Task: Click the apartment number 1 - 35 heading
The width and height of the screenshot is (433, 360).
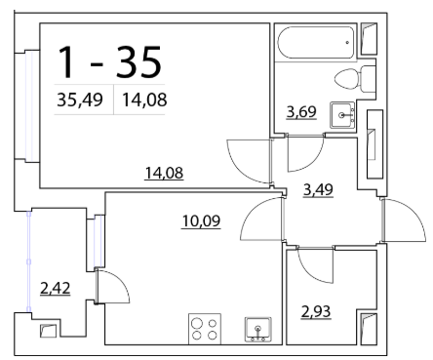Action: click(x=109, y=61)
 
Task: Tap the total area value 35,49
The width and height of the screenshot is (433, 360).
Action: click(x=80, y=100)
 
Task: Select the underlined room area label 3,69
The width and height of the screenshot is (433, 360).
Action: click(x=301, y=112)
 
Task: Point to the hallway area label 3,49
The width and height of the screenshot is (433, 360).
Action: click(x=318, y=189)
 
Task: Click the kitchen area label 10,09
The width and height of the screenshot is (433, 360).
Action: click(x=201, y=221)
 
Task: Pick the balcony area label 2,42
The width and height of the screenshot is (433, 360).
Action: click(x=55, y=288)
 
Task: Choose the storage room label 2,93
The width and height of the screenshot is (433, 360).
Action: click(x=316, y=312)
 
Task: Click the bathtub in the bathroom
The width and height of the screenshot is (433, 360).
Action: click(x=316, y=42)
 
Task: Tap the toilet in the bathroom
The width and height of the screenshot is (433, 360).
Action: click(x=355, y=79)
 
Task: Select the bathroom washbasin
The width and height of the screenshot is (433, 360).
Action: click(x=342, y=115)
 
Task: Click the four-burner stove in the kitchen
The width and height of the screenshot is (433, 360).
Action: click(x=205, y=329)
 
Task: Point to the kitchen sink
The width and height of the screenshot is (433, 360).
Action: click(x=258, y=330)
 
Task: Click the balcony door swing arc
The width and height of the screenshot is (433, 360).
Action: click(x=123, y=280)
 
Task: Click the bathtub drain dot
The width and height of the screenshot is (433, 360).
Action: click(x=347, y=42)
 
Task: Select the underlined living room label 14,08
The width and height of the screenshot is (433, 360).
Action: click(x=164, y=173)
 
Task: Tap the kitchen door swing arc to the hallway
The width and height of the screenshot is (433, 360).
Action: click(x=252, y=210)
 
